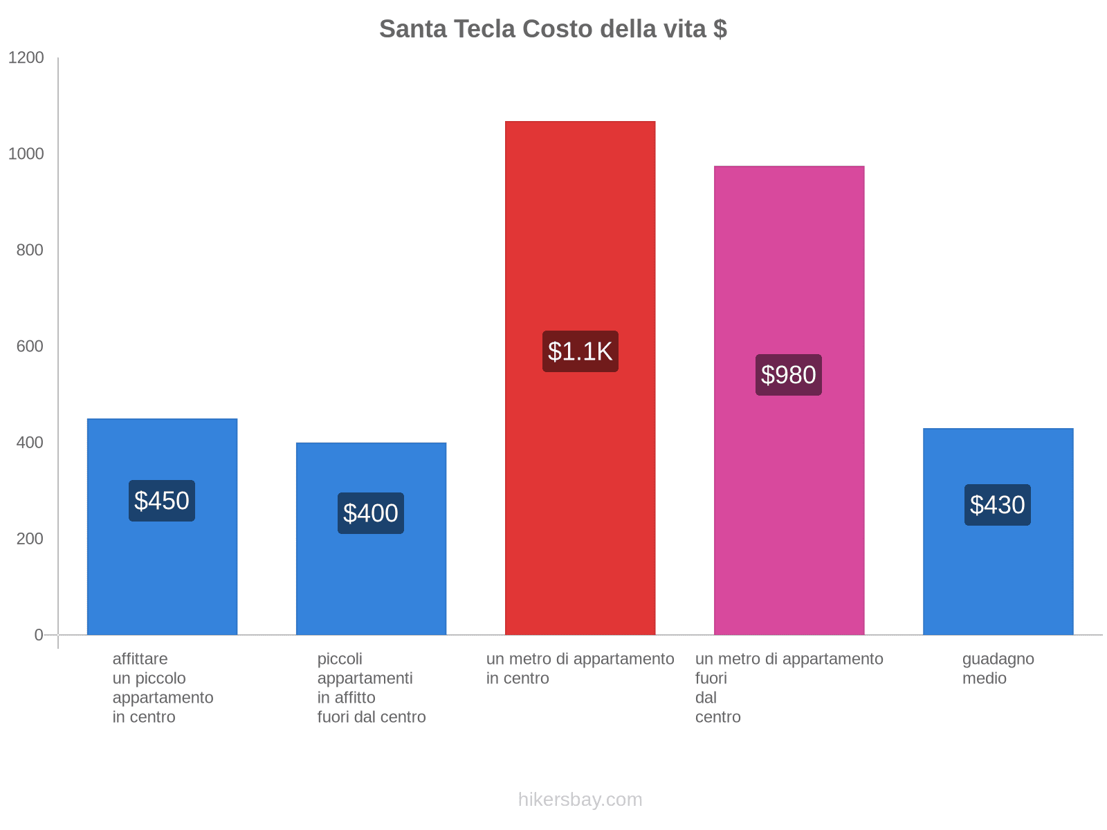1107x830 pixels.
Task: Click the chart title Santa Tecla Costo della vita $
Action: [x=553, y=29]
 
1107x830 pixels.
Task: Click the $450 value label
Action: [x=162, y=501]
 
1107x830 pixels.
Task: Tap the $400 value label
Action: [x=371, y=513]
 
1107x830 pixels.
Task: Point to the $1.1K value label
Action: [x=580, y=351]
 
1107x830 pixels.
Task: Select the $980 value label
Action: [x=789, y=375]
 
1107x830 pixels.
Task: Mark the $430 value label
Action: [x=998, y=505]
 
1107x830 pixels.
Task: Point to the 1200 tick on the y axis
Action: [x=26, y=58]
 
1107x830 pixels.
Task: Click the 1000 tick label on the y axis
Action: [x=26, y=154]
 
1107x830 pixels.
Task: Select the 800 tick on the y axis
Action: [x=30, y=250]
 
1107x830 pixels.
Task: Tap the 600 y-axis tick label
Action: [x=30, y=347]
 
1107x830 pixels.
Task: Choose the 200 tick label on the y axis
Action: [x=30, y=539]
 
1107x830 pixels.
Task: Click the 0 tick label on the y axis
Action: [x=39, y=635]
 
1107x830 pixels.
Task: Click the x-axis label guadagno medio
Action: [x=998, y=669]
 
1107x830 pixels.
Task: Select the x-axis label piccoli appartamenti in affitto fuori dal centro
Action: [x=371, y=688]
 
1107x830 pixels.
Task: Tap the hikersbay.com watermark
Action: [x=580, y=800]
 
